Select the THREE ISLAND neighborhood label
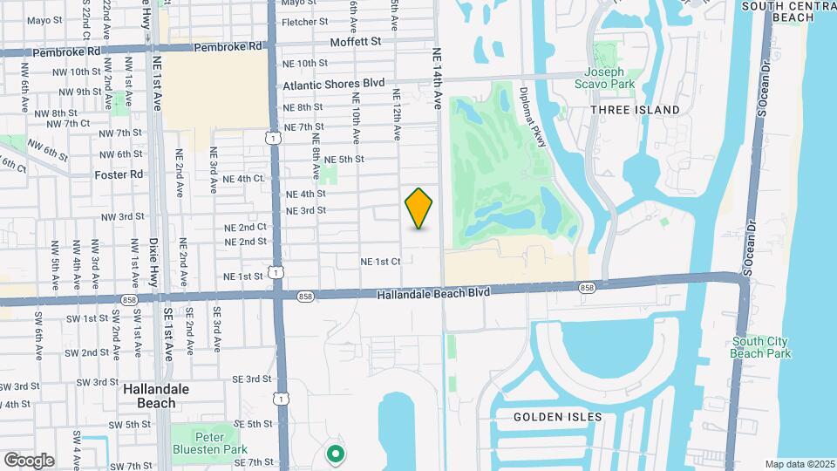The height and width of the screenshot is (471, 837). tap(635, 110)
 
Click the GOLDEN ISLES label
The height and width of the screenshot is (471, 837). tap(557, 417)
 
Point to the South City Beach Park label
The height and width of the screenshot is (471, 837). tap(761, 347)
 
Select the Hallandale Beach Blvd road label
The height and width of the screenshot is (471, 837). tap(432, 294)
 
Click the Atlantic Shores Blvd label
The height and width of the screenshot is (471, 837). tap(334, 85)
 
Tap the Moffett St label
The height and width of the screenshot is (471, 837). tap(356, 41)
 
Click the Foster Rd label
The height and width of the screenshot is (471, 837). tap(119, 174)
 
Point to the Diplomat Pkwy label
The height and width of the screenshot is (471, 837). tap(532, 117)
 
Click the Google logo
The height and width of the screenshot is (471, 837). tap(29, 460)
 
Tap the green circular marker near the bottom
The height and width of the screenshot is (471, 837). tap(334, 454)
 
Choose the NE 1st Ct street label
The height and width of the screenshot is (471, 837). tap(381, 261)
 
